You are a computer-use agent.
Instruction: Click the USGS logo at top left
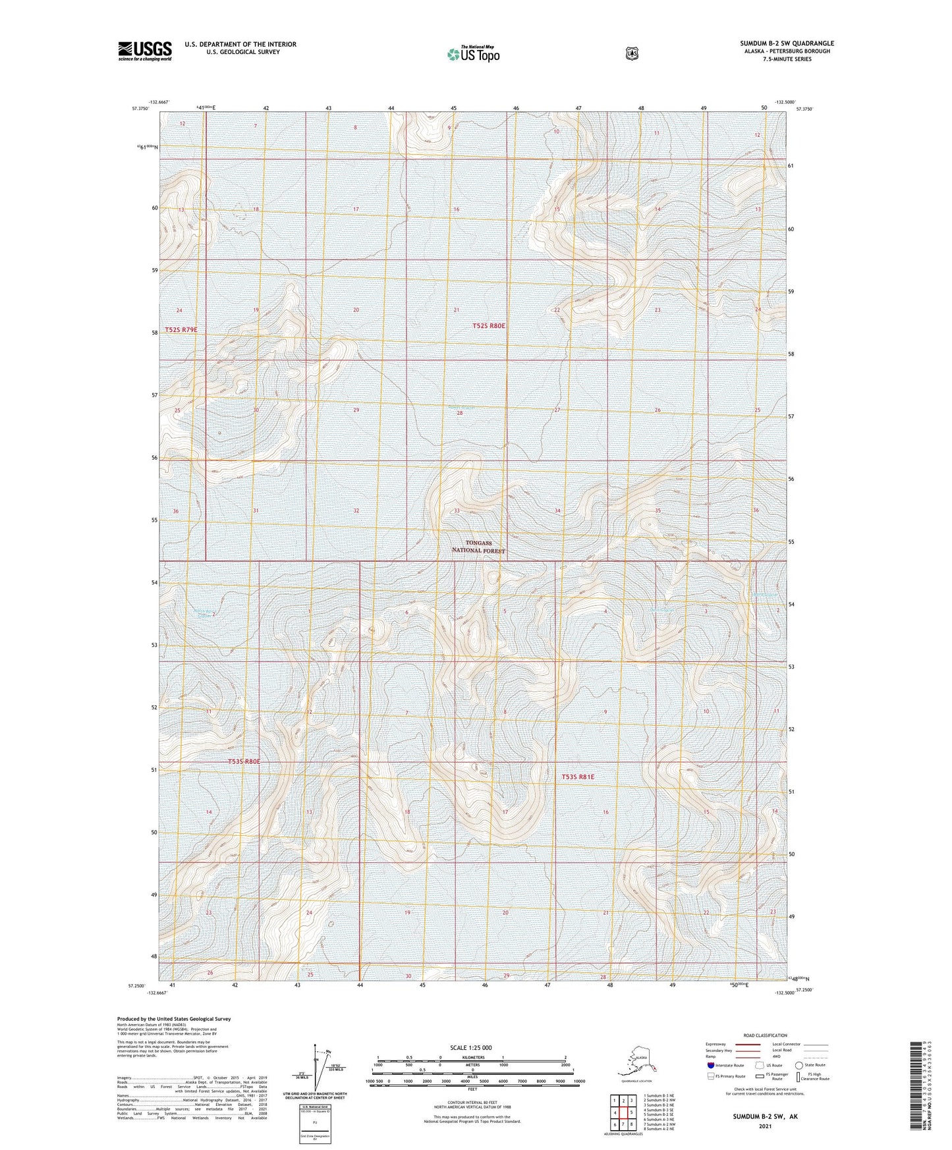(145, 50)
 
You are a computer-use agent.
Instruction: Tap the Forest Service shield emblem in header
(631, 53)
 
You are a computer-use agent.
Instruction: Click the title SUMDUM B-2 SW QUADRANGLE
(786, 43)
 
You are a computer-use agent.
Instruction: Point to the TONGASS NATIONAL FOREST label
(478, 547)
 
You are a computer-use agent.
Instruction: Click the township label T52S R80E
(489, 326)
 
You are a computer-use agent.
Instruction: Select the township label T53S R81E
(578, 777)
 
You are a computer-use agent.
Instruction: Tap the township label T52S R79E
(181, 329)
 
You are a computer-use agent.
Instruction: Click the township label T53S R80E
(244, 761)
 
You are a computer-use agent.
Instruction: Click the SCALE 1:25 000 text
(471, 1047)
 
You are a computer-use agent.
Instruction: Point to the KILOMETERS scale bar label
(471, 1057)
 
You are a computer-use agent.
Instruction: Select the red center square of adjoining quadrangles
(623, 1113)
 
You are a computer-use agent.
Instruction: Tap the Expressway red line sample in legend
(748, 1044)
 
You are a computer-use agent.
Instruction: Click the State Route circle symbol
(798, 1065)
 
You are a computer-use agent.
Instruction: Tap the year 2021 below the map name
(764, 1126)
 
